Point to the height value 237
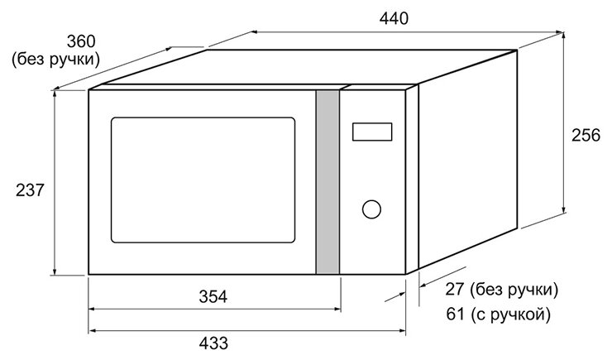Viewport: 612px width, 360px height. pyautogui.click(x=31, y=190)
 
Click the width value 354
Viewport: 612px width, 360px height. pyautogui.click(x=213, y=296)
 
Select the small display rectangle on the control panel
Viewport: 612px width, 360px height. pyautogui.click(x=371, y=132)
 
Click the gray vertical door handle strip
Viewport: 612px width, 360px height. pyautogui.click(x=328, y=181)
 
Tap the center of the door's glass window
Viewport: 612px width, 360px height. pyautogui.click(x=203, y=180)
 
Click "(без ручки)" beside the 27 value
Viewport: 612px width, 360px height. pyautogui.click(x=513, y=290)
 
